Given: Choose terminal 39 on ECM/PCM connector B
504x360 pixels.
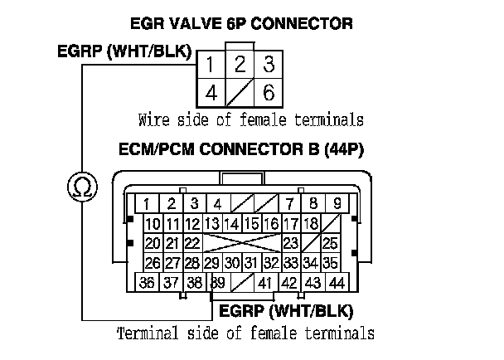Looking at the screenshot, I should tap(218, 283).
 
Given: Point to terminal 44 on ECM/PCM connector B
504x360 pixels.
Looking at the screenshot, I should tap(337, 283).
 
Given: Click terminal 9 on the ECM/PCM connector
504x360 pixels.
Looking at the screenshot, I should tap(337, 203).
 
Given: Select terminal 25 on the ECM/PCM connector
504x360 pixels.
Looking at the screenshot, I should tap(330, 243).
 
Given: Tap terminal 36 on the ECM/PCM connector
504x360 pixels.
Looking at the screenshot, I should tap(148, 283).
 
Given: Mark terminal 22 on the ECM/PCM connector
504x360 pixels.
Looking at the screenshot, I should tap(191, 243).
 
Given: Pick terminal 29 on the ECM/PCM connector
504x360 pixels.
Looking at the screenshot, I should tap(211, 263).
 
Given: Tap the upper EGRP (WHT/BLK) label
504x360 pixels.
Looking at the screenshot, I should tap(124, 51).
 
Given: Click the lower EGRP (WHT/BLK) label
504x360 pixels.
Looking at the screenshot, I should tap(286, 313).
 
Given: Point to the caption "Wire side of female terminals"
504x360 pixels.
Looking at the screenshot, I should tap(250, 119).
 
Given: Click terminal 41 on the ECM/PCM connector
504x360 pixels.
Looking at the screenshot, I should tap(265, 283).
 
